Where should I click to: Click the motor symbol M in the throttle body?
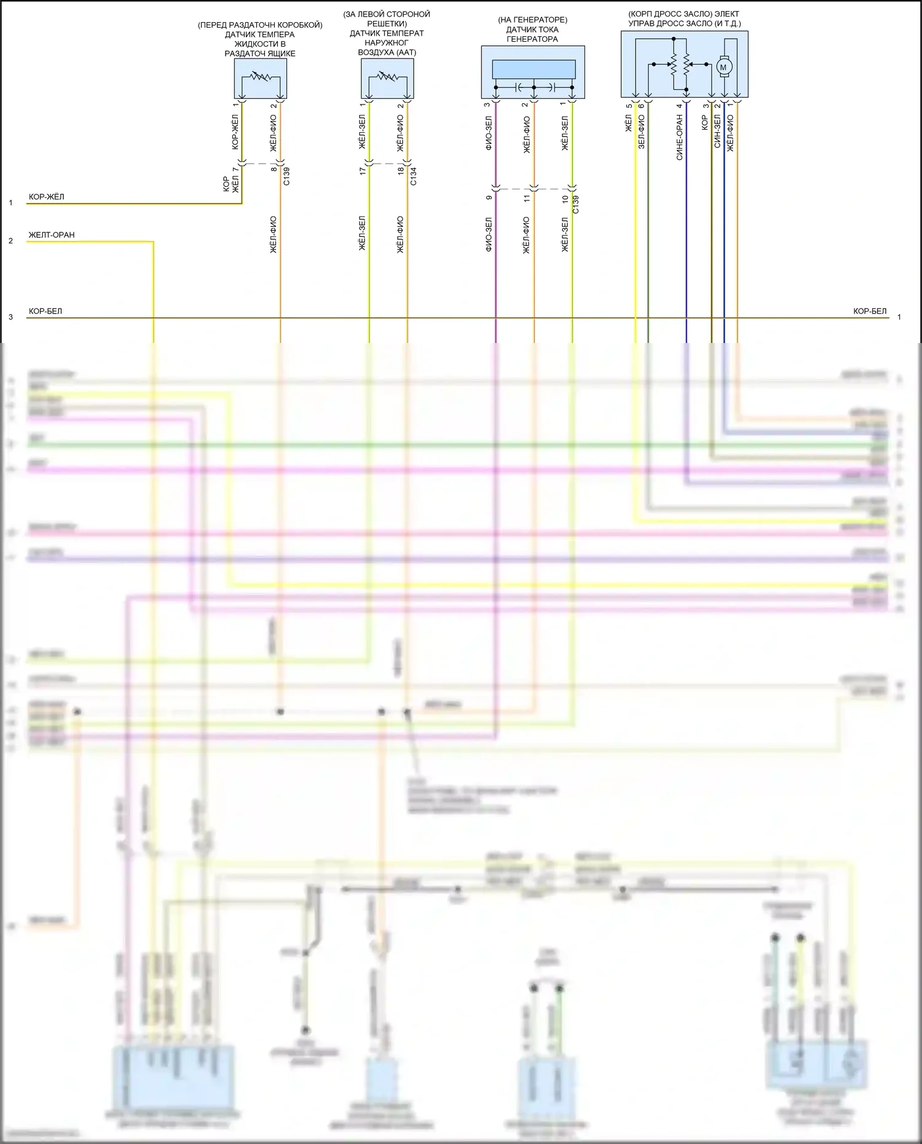[723, 67]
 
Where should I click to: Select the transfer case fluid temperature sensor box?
[261, 78]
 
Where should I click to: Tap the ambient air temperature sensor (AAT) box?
[387, 78]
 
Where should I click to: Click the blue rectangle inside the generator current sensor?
[534, 69]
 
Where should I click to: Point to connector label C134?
[414, 176]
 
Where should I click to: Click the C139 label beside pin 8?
[286, 176]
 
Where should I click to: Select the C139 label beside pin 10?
[575, 205]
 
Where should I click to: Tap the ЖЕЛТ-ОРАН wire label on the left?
[52, 235]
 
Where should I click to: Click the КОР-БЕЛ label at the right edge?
[870, 311]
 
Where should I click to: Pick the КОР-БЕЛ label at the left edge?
[45, 311]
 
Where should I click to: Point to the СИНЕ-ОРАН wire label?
[680, 138]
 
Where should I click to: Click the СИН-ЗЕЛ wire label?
[717, 130]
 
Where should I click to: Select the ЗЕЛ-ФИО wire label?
[642, 132]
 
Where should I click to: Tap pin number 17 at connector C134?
[363, 170]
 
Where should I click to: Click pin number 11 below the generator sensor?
[526, 198]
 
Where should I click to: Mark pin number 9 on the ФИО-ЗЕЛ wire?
[489, 198]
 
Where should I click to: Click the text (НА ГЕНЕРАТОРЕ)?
[532, 20]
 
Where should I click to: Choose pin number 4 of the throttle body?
[679, 106]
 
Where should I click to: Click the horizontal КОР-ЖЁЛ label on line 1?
[47, 197]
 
